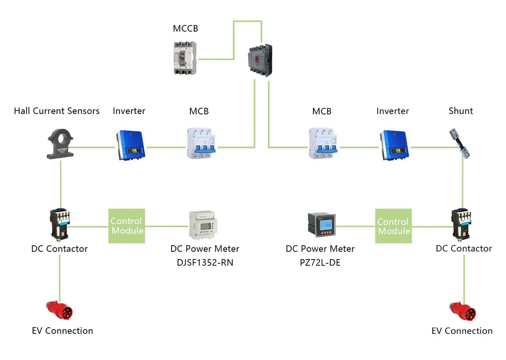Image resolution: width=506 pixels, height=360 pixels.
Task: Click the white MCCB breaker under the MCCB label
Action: [184, 58]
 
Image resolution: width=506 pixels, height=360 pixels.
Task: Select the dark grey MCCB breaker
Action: [260, 60]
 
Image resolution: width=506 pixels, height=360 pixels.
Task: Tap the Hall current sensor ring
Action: [60, 144]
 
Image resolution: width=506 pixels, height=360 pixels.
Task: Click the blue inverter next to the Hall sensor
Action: [130, 145]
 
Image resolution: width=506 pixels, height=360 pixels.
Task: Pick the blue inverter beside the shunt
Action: [394, 145]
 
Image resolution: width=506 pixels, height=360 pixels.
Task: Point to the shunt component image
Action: [459, 143]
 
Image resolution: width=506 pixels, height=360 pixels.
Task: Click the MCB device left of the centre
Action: [201, 143]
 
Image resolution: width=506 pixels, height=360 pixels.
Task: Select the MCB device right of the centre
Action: [323, 143]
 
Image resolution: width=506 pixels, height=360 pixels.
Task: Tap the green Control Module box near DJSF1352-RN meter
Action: [127, 226]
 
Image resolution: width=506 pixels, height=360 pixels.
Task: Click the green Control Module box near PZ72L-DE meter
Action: [394, 226]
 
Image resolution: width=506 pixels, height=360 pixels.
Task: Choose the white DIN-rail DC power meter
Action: [203, 225]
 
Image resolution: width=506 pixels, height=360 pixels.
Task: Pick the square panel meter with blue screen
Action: [322, 224]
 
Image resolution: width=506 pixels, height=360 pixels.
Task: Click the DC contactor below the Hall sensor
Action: [60, 224]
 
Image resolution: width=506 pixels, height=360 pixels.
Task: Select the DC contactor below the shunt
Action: [461, 224]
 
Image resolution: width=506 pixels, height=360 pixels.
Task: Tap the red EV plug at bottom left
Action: [59, 310]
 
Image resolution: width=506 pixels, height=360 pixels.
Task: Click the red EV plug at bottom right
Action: [463, 311]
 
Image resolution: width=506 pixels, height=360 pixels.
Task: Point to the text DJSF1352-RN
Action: [205, 263]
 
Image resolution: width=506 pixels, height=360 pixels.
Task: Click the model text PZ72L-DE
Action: [320, 263]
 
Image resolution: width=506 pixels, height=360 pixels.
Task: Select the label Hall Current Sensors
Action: [57, 111]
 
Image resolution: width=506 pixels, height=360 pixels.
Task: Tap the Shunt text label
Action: [460, 111]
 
